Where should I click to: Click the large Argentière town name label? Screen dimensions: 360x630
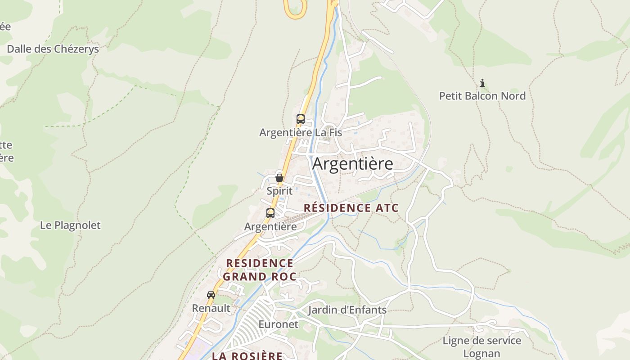click(x=352, y=164)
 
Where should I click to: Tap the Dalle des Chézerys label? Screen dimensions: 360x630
click(x=53, y=49)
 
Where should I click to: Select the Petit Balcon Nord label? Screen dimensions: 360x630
click(x=482, y=96)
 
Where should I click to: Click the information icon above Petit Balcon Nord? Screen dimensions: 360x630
click(x=482, y=83)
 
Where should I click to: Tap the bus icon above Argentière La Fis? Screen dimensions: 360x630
click(x=301, y=119)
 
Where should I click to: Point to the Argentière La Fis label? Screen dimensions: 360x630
click(x=301, y=133)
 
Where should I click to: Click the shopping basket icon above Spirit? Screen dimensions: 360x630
click(x=279, y=177)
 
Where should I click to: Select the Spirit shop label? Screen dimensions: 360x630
click(x=279, y=191)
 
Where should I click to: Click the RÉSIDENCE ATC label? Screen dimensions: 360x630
click(x=351, y=208)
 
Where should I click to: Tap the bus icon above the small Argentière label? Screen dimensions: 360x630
click(x=270, y=213)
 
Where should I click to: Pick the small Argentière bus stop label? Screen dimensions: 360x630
click(x=270, y=227)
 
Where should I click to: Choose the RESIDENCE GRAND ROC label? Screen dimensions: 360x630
click(x=260, y=270)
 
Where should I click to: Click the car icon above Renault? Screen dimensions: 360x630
click(x=211, y=295)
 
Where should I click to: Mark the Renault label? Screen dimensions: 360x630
click(x=211, y=308)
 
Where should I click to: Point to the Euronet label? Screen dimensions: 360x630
click(x=278, y=324)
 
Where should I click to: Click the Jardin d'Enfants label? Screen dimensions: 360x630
click(x=347, y=310)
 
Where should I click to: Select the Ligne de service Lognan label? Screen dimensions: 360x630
click(x=481, y=347)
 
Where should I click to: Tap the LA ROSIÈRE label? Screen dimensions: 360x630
click(x=247, y=356)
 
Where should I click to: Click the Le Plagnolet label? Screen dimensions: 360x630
click(x=70, y=225)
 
